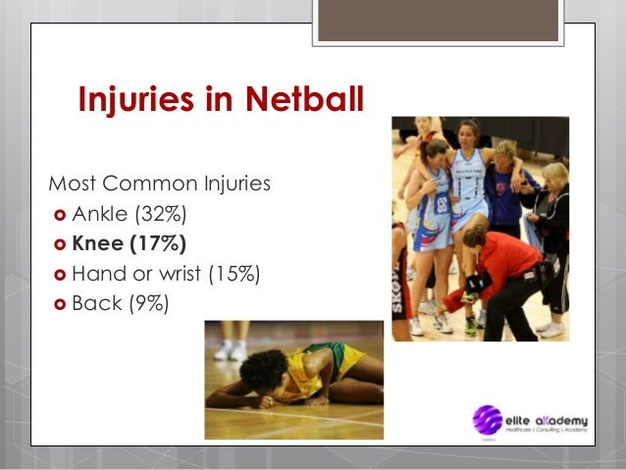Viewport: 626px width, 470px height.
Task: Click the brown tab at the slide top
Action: [438, 22]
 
